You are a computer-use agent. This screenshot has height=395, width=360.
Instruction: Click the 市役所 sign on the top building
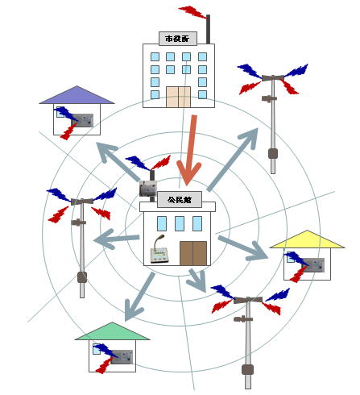pyautogui.click(x=178, y=39)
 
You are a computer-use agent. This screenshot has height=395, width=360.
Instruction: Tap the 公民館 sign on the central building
pyautogui.click(x=180, y=200)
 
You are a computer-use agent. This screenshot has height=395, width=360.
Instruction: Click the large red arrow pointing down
pyautogui.click(x=190, y=151)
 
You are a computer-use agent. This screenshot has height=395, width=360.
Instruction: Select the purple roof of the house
pyautogui.click(x=77, y=95)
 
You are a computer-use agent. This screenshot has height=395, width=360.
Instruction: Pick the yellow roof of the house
pyautogui.click(x=307, y=239)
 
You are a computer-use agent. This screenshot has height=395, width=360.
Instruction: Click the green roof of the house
pyautogui.click(x=112, y=331)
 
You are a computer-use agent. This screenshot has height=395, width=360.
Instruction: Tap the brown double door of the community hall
pyautogui.click(x=193, y=253)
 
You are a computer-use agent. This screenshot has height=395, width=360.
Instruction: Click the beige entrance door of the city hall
pyautogui.click(x=178, y=97)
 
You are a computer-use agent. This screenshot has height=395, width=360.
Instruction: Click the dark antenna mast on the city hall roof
pyautogui.click(x=208, y=29)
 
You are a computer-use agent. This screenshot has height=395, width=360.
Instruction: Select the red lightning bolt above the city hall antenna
pyautogui.click(x=193, y=12)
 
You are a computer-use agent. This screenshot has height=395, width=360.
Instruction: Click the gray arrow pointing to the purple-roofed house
pyautogui.click(x=118, y=162)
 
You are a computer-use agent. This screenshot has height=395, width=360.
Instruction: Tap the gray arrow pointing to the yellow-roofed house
pyautogui.click(x=243, y=247)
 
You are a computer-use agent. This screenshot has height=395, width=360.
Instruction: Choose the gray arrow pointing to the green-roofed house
pyautogui.click(x=139, y=297)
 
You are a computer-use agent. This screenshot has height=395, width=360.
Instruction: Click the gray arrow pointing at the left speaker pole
pyautogui.click(x=116, y=239)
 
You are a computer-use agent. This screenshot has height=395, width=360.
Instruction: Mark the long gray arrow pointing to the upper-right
pyautogui.click(x=233, y=160)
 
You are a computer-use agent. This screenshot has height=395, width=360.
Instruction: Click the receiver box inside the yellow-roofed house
pyautogui.click(x=313, y=265)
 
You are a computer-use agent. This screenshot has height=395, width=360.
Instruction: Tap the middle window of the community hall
pyautogui.click(x=180, y=223)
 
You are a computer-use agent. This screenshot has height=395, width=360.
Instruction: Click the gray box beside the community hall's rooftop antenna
pyautogui.click(x=148, y=188)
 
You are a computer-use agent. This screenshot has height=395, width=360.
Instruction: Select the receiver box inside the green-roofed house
pyautogui.click(x=122, y=357)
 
